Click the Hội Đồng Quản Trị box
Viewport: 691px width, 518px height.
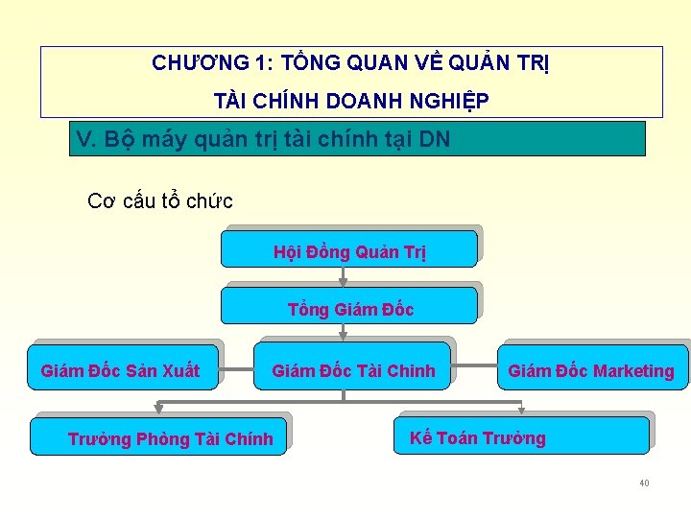tap(349, 250)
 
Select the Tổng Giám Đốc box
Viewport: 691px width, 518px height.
tap(349, 307)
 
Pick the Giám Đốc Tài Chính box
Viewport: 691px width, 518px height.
tap(353, 370)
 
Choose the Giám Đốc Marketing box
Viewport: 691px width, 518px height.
tap(591, 370)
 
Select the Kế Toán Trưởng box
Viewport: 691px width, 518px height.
tap(523, 437)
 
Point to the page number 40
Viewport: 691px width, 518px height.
tap(644, 483)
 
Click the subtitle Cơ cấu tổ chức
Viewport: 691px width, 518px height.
tap(160, 200)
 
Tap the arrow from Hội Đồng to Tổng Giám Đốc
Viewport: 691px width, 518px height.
tap(344, 276)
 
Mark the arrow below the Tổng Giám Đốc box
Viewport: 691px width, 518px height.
tap(344, 332)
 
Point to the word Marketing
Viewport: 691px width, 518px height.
tap(633, 371)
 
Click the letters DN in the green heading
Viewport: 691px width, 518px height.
tap(435, 140)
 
